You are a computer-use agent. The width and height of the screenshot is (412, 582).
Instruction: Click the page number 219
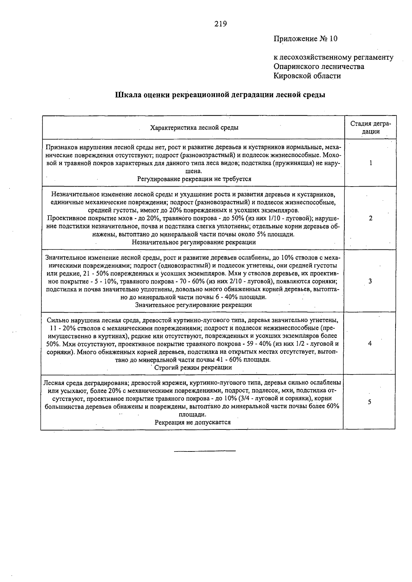[220, 24]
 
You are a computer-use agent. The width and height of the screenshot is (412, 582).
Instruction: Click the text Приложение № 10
[305, 39]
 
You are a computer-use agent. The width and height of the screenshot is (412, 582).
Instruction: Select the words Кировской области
[307, 76]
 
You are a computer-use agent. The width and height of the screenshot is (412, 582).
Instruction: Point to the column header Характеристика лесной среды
[194, 128]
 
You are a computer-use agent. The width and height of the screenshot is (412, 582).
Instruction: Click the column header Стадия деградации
[370, 127]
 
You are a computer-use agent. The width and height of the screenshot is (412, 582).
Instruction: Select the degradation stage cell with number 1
[370, 163]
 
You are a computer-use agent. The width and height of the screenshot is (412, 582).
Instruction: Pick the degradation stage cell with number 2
[370, 218]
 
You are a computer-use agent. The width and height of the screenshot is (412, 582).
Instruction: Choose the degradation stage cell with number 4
[370, 344]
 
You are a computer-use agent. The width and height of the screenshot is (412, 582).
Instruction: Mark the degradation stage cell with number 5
[369, 402]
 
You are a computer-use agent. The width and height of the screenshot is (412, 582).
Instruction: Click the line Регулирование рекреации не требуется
[194, 179]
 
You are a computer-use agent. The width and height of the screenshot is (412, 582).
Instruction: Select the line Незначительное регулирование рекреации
[194, 242]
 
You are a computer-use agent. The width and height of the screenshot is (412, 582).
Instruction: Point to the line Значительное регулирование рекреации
[193, 305]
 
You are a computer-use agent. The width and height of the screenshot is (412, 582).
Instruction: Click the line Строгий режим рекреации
[193, 368]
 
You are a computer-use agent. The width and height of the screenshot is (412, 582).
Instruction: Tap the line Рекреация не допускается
[192, 423]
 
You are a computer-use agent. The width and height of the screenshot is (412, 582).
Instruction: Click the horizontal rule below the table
[205, 450]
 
